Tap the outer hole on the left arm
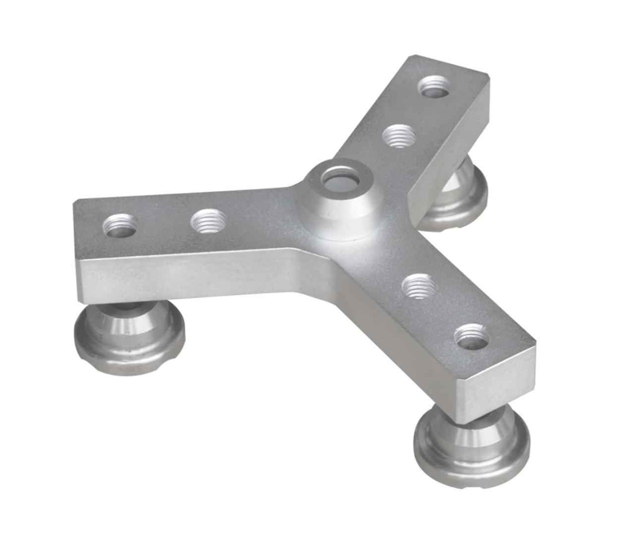(x=120, y=226)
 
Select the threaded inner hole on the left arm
(x=209, y=221)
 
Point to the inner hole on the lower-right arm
(x=418, y=286)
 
